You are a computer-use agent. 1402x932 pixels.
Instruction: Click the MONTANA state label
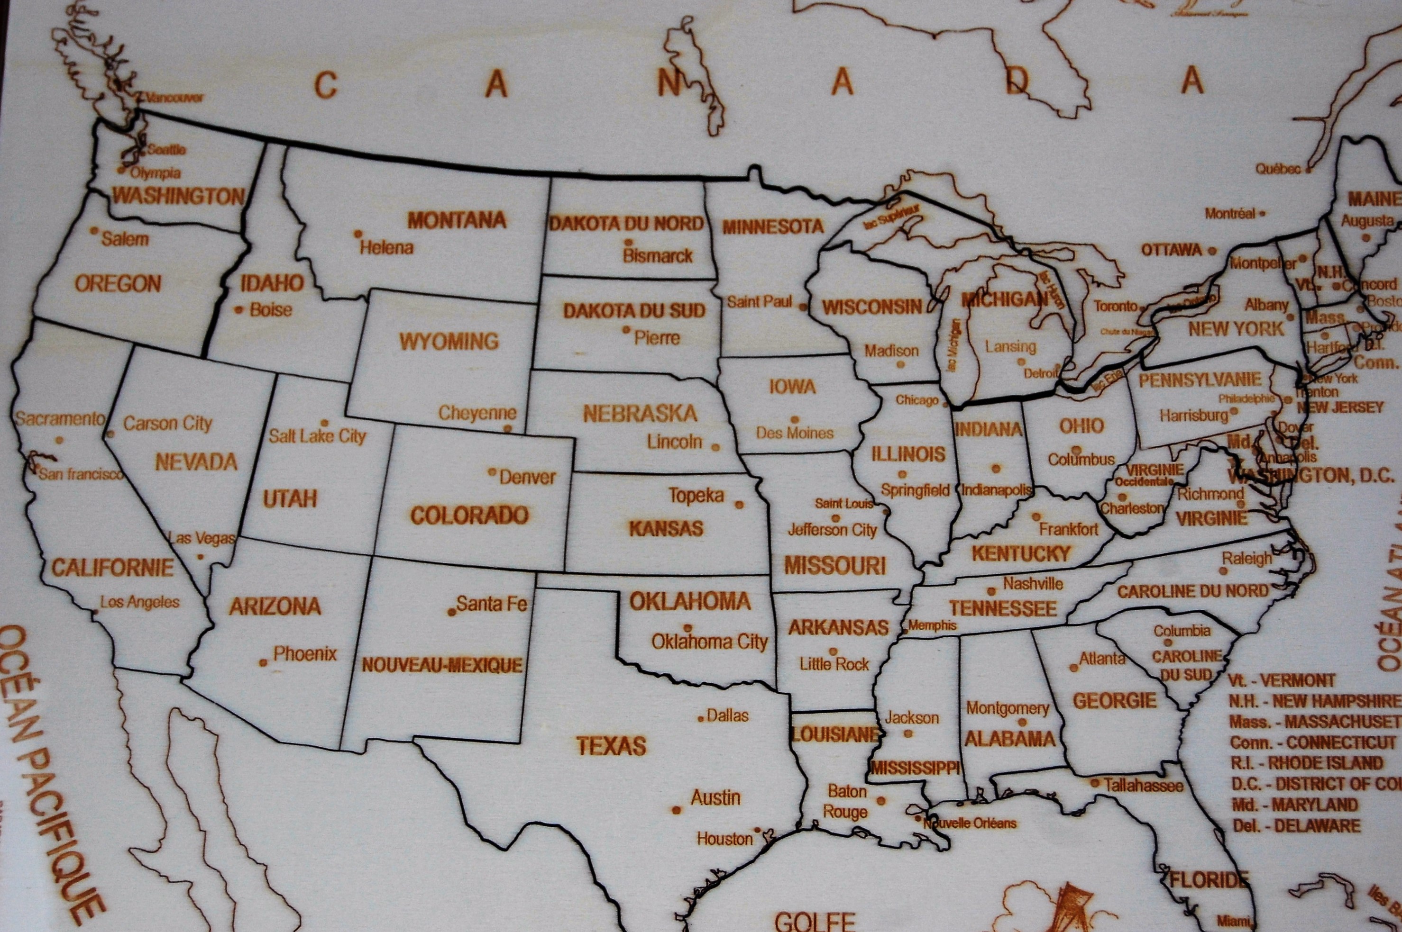coord(457,220)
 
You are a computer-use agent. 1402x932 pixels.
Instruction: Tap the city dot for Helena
coord(357,234)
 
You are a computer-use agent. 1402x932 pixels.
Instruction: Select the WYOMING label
coord(449,341)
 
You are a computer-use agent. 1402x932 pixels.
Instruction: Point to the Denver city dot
coord(492,472)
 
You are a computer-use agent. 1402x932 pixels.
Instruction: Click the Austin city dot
coord(676,810)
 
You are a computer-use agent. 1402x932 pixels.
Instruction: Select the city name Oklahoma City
coord(710,642)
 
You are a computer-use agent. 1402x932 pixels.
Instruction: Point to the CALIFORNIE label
coord(112,568)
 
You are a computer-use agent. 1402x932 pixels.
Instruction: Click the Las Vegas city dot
coord(201,557)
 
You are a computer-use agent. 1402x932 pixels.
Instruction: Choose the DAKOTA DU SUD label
coord(634,310)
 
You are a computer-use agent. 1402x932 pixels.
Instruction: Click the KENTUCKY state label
coord(1021,554)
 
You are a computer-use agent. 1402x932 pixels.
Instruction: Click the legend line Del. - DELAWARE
coord(1295,825)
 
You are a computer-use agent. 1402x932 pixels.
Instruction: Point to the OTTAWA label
coord(1171,250)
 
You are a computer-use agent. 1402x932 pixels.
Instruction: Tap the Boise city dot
coord(239,310)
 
